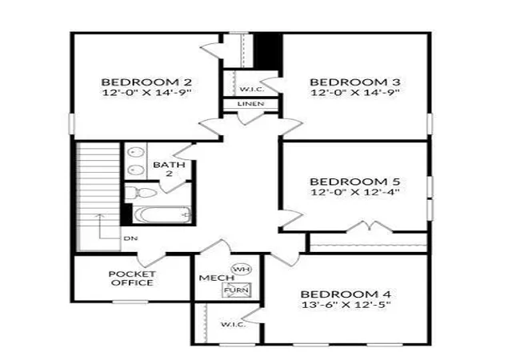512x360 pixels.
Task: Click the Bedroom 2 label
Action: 146,82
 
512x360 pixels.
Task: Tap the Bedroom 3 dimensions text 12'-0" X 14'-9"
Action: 355,92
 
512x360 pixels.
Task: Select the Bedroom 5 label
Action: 355,182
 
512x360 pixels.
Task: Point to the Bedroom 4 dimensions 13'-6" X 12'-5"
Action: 346,305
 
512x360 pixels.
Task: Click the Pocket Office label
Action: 132,278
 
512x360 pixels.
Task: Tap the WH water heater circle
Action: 242,269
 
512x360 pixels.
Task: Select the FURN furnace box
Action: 237,290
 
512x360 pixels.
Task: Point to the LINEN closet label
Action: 250,104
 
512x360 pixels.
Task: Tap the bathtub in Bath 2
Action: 162,215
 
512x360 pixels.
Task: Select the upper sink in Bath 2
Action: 136,152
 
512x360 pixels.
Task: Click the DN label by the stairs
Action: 130,238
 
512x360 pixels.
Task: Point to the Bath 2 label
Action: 169,169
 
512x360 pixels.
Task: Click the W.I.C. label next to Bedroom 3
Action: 252,89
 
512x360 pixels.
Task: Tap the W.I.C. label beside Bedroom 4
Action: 234,324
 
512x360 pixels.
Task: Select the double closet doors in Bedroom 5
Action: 369,226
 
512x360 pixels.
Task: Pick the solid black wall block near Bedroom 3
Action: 268,50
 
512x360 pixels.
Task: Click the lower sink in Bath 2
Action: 136,170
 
